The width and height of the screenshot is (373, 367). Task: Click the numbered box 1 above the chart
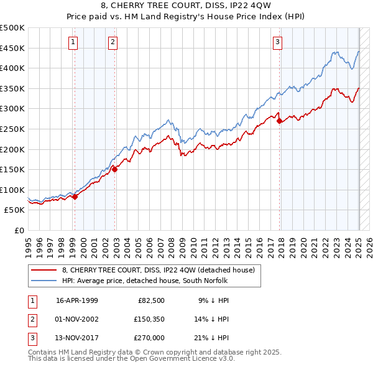73,42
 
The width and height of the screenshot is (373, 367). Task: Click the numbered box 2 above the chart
113,42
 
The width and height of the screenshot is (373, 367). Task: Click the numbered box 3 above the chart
277,42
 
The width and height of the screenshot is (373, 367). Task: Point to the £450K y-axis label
12,48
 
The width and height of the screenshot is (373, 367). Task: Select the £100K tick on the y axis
12,190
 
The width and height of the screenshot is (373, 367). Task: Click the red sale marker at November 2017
279,121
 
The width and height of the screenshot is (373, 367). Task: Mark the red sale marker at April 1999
75,197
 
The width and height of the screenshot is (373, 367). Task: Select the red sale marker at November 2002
114,169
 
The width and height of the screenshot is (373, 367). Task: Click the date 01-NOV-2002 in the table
77,319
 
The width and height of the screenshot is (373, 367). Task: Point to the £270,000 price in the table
150,338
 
